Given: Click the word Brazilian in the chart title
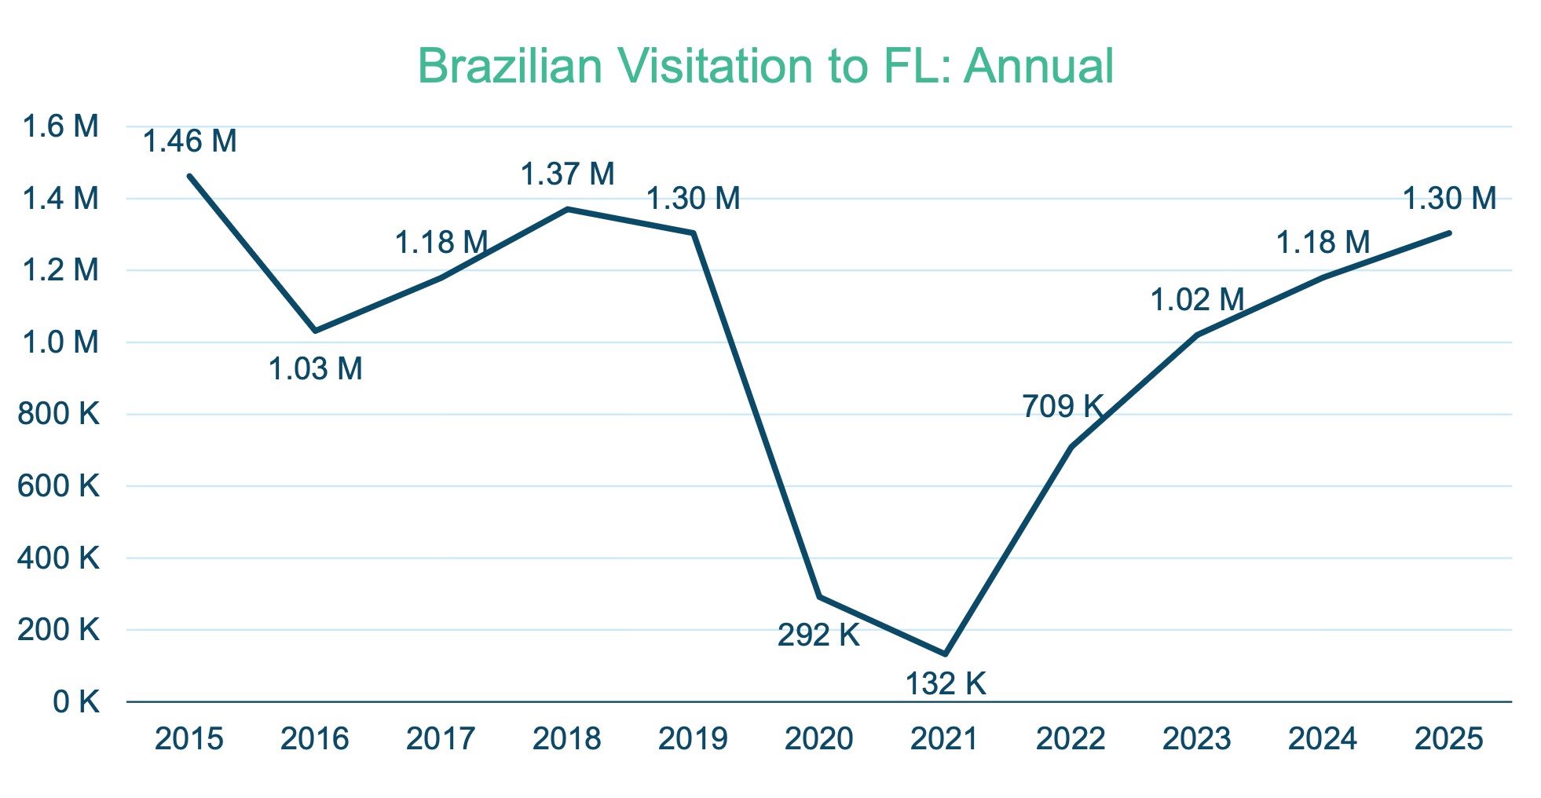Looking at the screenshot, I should point(509,66).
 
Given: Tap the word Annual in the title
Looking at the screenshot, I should point(1038,66).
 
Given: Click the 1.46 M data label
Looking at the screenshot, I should point(190,141).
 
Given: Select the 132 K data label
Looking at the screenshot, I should point(946,683).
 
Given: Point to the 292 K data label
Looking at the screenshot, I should point(818,635).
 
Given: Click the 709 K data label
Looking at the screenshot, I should point(1063,407).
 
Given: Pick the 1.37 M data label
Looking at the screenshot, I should point(568,174).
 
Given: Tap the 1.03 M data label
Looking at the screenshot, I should point(316,369).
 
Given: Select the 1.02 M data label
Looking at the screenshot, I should point(1198,300).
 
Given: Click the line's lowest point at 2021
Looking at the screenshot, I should point(945,653).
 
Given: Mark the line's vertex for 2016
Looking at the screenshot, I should point(316,331).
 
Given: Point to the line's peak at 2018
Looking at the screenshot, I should point(568,209).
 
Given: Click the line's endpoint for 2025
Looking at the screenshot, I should point(1449,233).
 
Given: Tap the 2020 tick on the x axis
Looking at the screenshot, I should point(819,739).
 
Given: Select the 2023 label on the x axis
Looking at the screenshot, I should point(1197,739).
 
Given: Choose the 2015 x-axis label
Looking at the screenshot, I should point(189,739).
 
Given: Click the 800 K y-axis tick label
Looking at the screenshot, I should point(59,414).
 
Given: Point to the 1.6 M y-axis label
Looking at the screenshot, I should point(60,126).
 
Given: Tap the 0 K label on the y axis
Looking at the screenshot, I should point(76,702).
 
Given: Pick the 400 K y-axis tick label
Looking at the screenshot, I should point(59,558).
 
